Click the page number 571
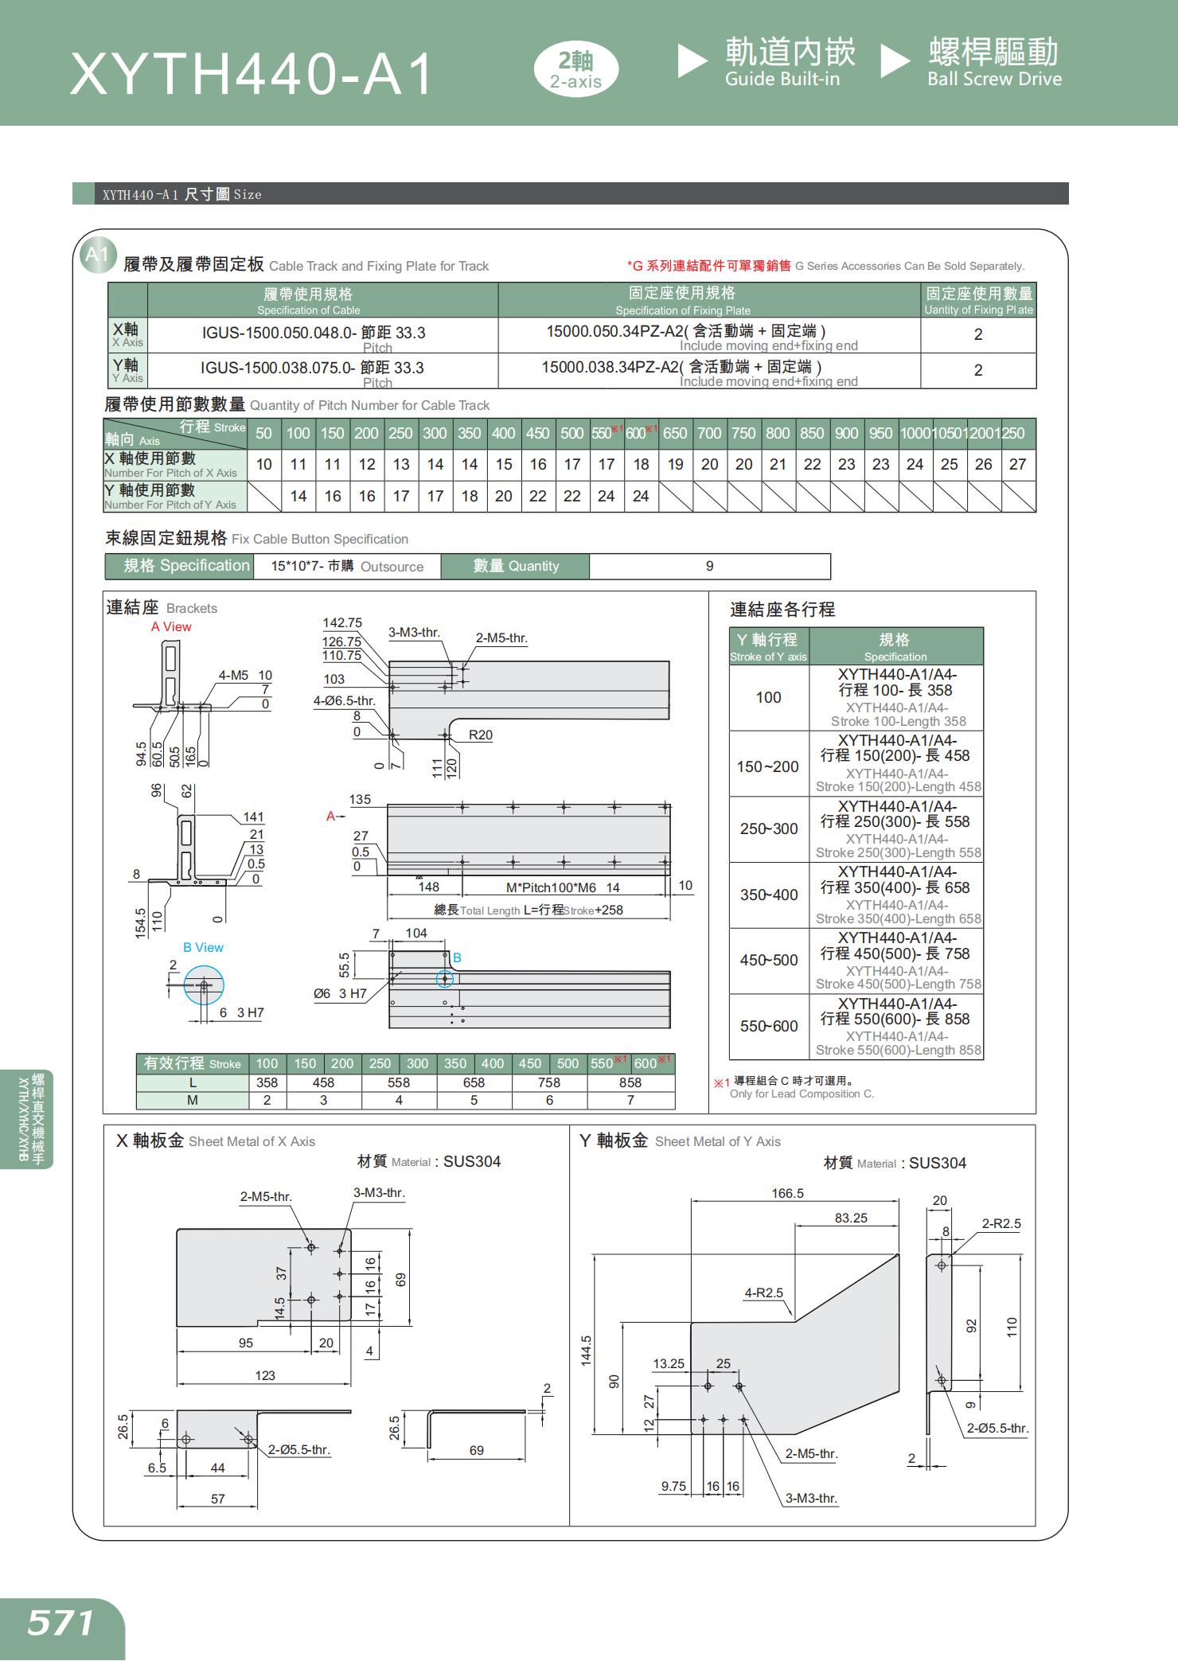60,1623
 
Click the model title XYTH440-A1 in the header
252,74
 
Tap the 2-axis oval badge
575,70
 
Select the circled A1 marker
97,255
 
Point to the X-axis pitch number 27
1018,464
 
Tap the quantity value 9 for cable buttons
709,566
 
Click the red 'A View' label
171,626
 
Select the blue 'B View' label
203,947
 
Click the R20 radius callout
480,735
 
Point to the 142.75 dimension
341,623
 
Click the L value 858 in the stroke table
630,1082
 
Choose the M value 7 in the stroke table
630,1100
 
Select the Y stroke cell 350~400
768,895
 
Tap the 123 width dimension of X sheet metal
264,1375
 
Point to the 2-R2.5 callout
1001,1223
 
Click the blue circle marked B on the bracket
445,978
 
